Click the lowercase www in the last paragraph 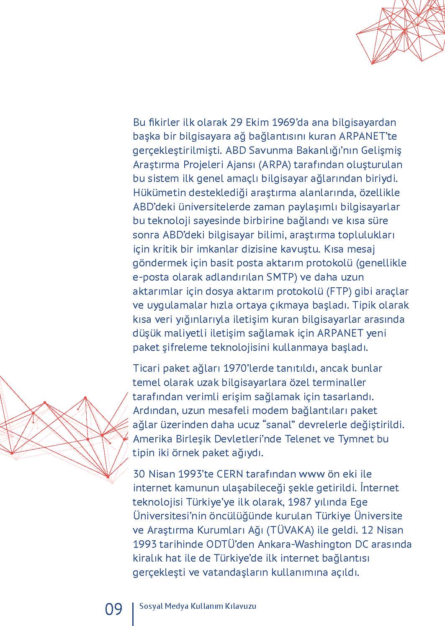point(309,474)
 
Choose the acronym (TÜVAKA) point(290,530)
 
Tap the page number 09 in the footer point(113,609)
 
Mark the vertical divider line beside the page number point(133,613)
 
